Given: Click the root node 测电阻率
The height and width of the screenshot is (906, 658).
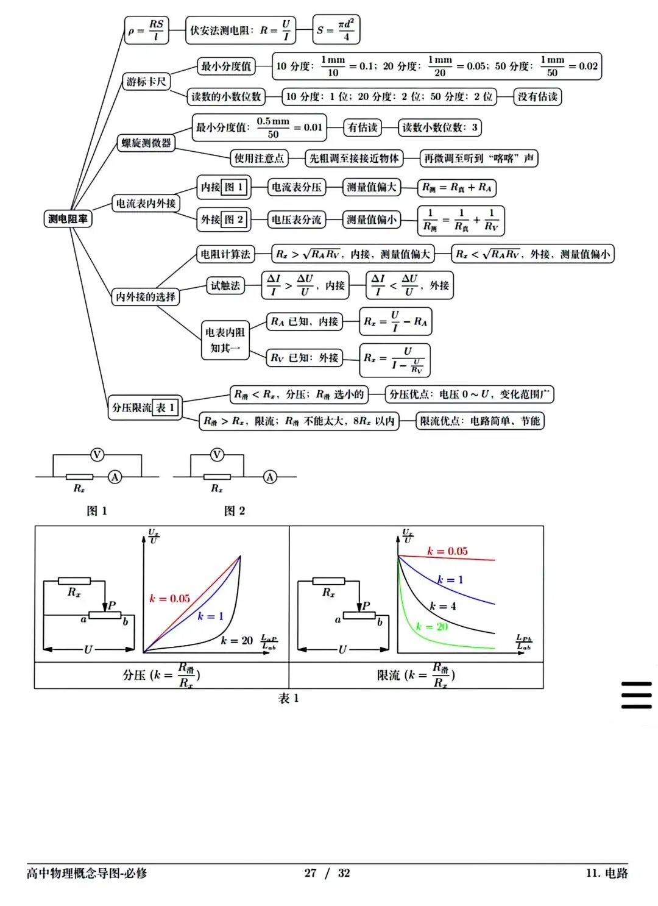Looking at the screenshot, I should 68,218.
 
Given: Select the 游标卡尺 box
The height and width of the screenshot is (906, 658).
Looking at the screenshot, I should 146,82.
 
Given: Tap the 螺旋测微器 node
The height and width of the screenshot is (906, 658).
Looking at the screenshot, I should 146,143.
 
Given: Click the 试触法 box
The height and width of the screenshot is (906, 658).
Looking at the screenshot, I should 225,285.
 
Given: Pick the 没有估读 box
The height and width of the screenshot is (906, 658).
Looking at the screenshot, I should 537,96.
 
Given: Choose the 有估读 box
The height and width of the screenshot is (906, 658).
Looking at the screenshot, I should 363,127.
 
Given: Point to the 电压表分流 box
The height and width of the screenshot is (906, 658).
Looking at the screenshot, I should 296,219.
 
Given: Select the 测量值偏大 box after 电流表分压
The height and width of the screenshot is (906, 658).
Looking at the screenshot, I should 371,187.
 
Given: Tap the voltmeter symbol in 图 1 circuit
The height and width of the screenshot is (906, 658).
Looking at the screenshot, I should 97,454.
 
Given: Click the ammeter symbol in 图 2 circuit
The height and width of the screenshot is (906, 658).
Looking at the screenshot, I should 270,477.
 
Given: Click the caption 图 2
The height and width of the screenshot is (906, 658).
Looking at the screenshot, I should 235,511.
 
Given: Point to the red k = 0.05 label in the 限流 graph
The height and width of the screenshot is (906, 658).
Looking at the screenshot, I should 447,551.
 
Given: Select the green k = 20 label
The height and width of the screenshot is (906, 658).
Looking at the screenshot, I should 432,626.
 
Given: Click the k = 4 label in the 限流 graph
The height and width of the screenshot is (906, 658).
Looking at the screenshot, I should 442,606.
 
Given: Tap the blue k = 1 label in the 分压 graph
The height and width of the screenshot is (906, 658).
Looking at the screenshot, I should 210,616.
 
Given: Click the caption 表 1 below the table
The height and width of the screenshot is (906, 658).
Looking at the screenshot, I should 289,698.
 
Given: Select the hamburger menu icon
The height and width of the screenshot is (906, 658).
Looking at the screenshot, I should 636,695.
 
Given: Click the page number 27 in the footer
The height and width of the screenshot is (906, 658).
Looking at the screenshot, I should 310,873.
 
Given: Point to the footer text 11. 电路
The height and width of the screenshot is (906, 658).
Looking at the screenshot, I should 607,873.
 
